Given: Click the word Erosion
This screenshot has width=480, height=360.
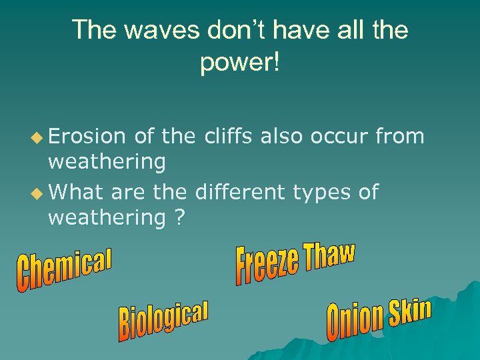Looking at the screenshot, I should coord(87,137).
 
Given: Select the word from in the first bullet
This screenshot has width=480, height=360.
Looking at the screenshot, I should coord(401,137).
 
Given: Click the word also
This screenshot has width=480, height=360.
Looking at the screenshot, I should coord(282,137).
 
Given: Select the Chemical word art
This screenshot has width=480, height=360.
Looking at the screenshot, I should coord(64,270).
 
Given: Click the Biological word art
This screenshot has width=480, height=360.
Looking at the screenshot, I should coord(163,319).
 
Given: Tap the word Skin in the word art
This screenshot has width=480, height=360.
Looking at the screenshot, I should coord(410,313).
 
